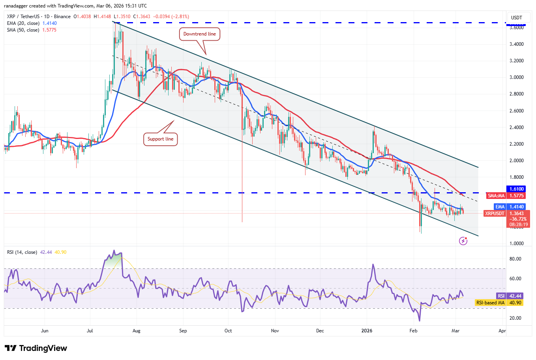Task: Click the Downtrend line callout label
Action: coord(199,34)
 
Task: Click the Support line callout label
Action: coord(160,139)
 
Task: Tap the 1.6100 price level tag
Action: coord(516,189)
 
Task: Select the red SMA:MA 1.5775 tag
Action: coord(506,196)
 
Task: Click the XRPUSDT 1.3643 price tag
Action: coord(507,214)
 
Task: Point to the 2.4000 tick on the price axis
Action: coord(516,127)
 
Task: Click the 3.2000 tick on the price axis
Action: coord(516,61)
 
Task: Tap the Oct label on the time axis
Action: coord(228,331)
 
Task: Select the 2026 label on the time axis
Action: coord(367,331)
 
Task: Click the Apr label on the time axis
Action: coord(502,331)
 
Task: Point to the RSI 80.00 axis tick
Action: coord(515,259)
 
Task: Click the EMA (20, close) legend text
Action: coord(23,23)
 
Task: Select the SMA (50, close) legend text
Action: coord(23,30)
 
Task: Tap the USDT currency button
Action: coord(516,18)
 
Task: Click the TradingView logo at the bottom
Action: coord(36,348)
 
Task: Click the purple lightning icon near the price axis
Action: coord(463,241)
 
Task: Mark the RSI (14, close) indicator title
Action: coord(22,252)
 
